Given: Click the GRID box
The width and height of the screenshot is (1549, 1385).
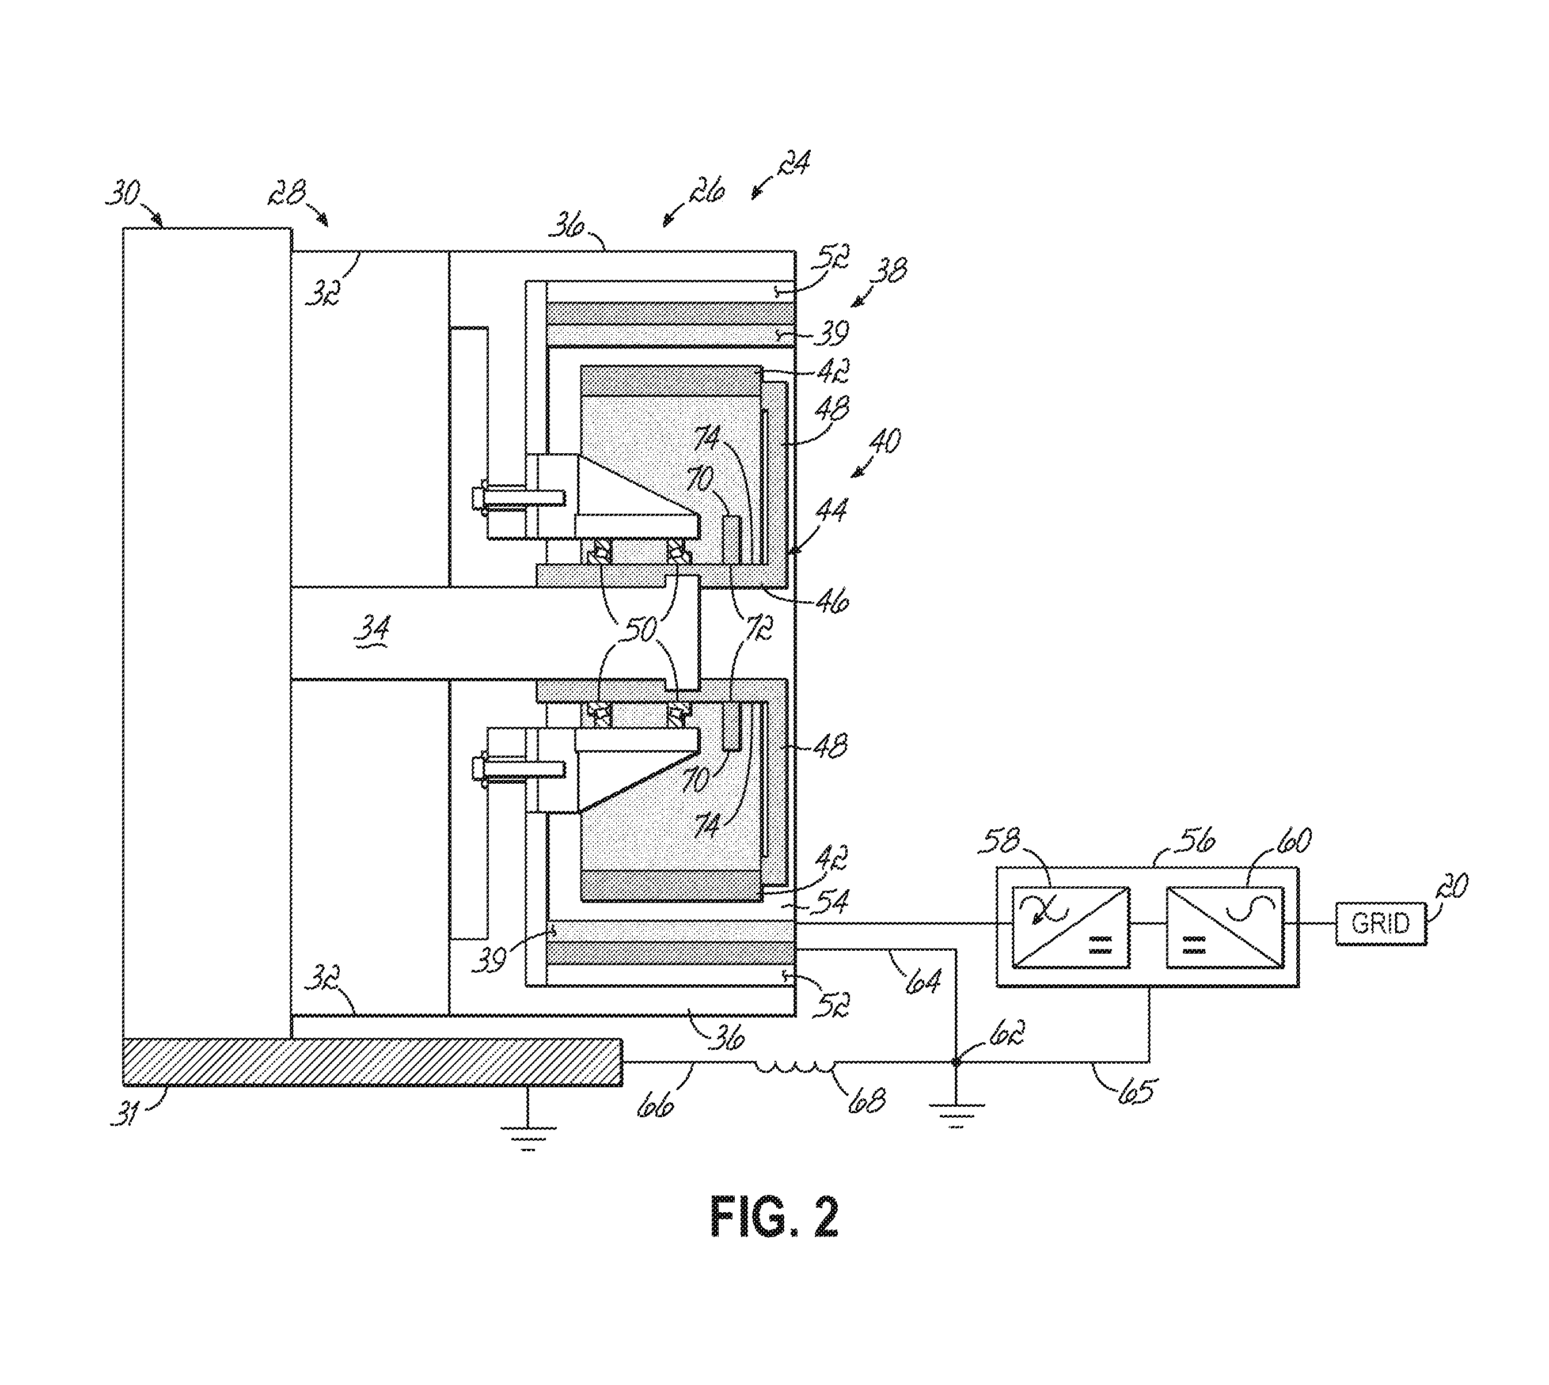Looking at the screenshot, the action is pyautogui.click(x=1380, y=923).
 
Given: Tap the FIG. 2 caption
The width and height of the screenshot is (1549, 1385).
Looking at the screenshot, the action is pyautogui.click(x=774, y=1217).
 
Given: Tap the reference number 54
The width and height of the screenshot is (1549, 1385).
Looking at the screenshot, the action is pyautogui.click(x=832, y=902).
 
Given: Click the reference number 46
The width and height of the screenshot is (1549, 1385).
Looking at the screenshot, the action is pyautogui.click(x=832, y=601).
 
